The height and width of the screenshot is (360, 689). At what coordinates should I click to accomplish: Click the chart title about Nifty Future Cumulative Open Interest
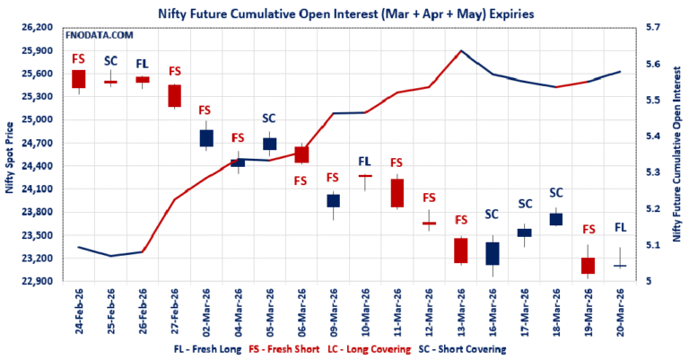(x=344, y=13)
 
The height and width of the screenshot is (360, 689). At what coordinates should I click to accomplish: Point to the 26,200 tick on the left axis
(x=38, y=28)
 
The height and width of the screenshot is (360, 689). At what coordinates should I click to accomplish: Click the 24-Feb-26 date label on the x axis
(x=79, y=311)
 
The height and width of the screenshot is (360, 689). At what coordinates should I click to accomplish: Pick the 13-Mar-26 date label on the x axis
(x=461, y=311)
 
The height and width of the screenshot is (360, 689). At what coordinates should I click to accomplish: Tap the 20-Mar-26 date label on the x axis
(x=620, y=311)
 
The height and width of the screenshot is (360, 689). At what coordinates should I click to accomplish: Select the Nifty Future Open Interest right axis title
(x=675, y=154)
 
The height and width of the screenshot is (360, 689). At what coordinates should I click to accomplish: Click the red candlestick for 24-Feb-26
(x=79, y=79)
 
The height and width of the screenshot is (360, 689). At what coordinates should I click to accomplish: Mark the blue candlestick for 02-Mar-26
(x=206, y=137)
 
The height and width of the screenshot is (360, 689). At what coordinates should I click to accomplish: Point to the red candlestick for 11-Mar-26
(x=397, y=193)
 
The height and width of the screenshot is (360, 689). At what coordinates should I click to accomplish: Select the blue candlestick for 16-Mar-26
(x=492, y=253)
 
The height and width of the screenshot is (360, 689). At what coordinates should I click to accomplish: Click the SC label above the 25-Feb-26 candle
(x=110, y=61)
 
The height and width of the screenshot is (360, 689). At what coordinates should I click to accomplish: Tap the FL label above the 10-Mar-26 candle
(x=365, y=162)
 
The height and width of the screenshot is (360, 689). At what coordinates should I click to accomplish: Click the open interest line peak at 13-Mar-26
(x=461, y=51)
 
